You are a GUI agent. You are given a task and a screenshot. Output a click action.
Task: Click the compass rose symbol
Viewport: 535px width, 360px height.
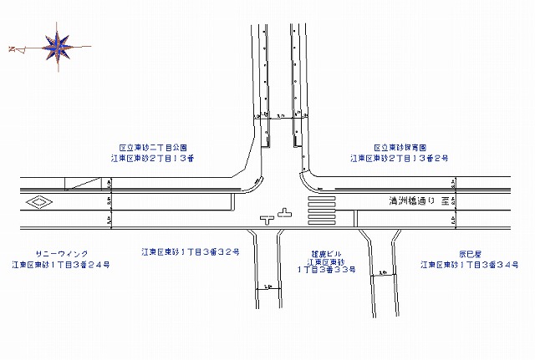click(59, 47)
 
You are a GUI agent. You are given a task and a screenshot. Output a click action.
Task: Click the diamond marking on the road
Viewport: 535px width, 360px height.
click(38, 202)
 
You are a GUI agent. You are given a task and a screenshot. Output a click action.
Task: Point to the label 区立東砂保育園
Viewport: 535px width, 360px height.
click(400, 147)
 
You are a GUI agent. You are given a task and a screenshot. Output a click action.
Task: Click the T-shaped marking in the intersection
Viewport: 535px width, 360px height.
click(268, 220)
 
